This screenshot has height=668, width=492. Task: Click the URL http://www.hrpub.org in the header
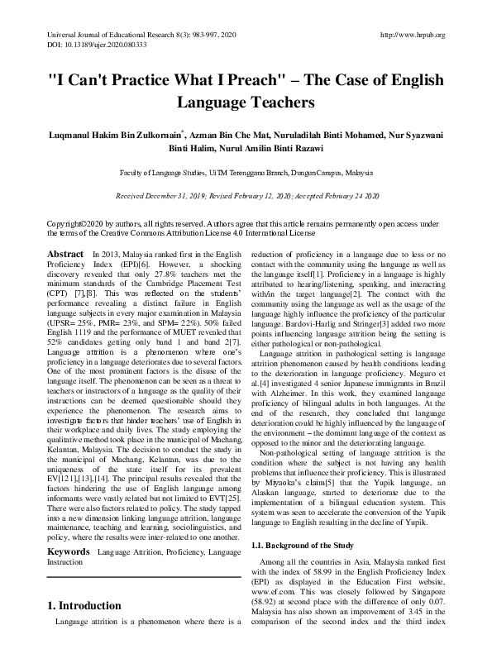tap(411, 35)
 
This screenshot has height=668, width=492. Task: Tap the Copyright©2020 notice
tap(72, 224)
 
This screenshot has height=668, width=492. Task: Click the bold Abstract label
tap(65, 254)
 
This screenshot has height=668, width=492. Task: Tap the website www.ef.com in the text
tap(277, 582)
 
